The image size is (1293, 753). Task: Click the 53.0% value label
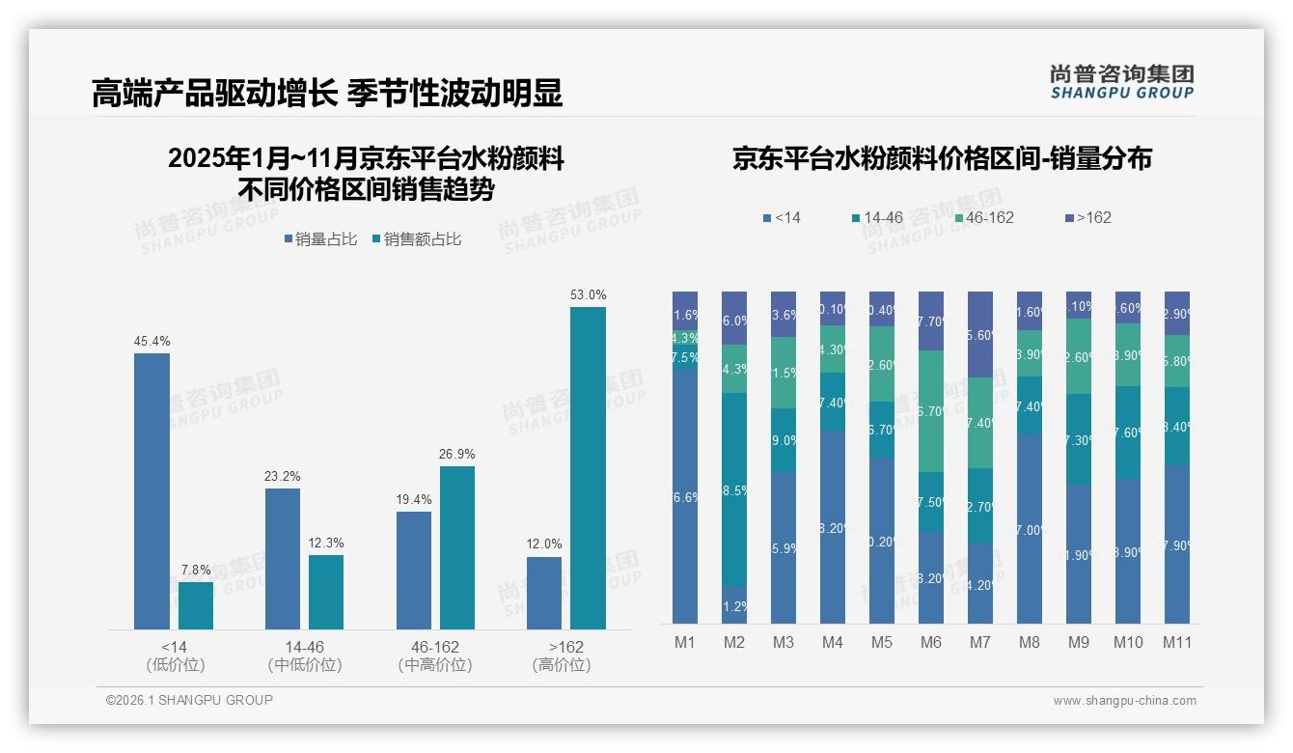[x=588, y=295]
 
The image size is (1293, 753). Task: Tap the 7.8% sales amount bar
[x=196, y=605]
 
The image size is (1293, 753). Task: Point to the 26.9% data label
[x=457, y=455]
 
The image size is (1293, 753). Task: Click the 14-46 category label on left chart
[x=304, y=647]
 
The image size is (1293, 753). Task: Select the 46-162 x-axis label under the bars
[x=435, y=647]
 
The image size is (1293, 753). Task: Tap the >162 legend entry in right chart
[x=1088, y=218]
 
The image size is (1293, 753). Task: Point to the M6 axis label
[x=930, y=643]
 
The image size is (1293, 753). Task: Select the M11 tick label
[x=1176, y=643]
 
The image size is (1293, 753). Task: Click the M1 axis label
[x=684, y=643]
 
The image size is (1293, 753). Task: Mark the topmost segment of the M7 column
[x=979, y=334]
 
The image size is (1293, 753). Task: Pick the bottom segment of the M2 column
[x=734, y=605]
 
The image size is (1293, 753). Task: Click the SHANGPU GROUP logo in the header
[x=1121, y=82]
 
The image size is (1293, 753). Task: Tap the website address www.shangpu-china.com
[x=1124, y=701]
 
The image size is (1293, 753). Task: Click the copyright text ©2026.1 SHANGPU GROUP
[x=189, y=700]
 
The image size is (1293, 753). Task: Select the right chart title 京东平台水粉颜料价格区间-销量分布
[x=942, y=159]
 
